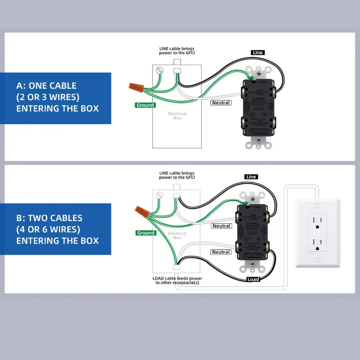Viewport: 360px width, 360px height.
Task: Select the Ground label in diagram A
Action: (x=145, y=105)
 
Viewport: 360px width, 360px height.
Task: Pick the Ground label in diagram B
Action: (x=146, y=233)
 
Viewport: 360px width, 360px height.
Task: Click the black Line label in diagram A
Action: (x=258, y=52)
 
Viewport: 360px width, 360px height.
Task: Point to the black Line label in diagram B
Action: (x=251, y=177)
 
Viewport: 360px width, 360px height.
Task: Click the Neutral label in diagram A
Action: (x=221, y=103)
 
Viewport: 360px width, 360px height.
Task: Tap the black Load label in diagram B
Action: (x=253, y=279)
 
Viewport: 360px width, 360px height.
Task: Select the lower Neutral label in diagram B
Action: (x=221, y=252)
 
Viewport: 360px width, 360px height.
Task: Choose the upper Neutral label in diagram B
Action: (x=221, y=226)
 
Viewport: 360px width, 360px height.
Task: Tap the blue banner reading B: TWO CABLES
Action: (x=56, y=229)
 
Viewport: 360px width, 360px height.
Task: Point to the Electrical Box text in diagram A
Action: (x=178, y=116)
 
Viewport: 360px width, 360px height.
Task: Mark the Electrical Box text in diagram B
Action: (x=177, y=236)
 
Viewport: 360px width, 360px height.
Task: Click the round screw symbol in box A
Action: (x=161, y=70)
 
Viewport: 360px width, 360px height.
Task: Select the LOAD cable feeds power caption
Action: (x=177, y=281)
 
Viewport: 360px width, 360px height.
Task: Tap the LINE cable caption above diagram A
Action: (x=176, y=51)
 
